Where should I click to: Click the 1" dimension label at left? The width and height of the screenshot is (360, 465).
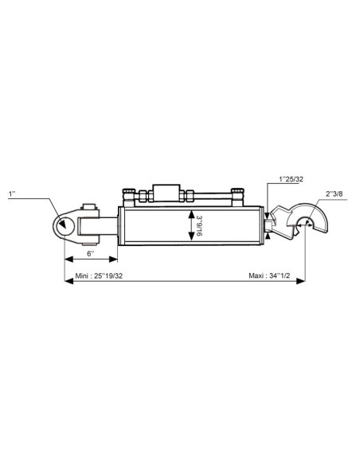(12, 194)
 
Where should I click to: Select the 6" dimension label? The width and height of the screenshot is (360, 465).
(91, 253)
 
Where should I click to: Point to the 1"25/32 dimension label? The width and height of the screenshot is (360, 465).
(291, 179)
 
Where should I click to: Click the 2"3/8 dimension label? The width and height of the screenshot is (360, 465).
(335, 194)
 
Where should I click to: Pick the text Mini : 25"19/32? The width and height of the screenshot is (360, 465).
(99, 275)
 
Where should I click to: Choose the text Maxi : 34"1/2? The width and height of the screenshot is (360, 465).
(269, 275)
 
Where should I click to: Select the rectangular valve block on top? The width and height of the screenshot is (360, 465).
(166, 193)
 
